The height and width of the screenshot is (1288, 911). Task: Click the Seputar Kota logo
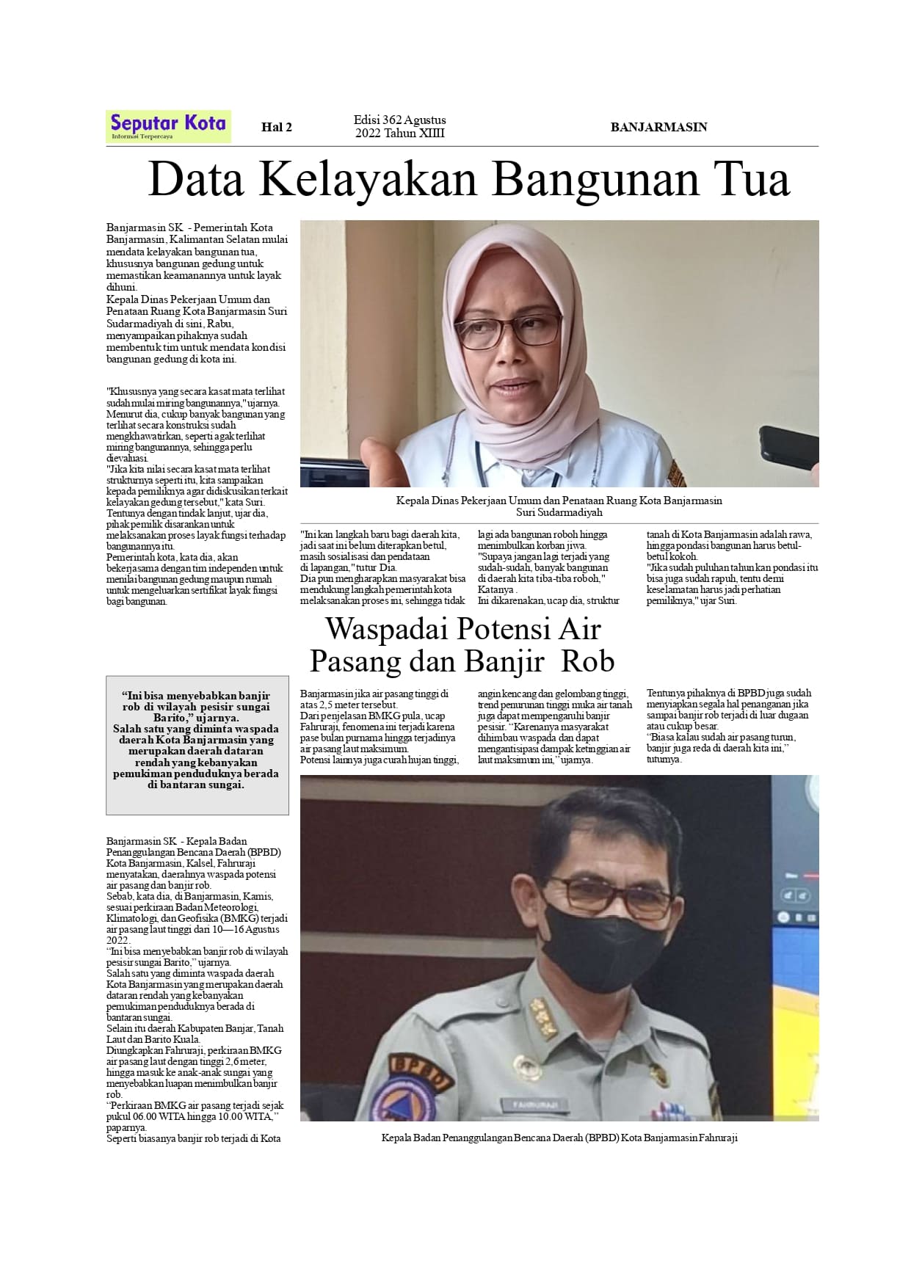168,125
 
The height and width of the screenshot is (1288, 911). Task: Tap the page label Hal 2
277,127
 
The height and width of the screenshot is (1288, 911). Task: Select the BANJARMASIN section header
658,127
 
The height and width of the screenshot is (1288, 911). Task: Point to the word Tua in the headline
751,180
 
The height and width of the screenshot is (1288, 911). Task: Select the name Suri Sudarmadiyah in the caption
559,512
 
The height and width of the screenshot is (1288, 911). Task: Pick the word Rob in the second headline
587,662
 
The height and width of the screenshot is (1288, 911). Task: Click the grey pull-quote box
197,745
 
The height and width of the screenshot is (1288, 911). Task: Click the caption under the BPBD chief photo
559,1138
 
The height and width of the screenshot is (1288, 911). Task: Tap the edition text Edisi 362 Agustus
399,120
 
